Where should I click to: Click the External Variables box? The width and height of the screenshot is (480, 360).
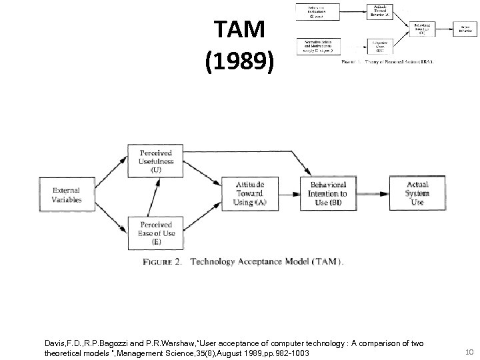tap(67, 194)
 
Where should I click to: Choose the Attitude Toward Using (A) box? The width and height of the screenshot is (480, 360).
tap(248, 194)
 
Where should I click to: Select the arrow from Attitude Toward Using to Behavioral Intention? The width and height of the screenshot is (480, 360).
tap(289, 194)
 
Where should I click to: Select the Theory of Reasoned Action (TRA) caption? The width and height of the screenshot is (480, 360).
tap(388, 62)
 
